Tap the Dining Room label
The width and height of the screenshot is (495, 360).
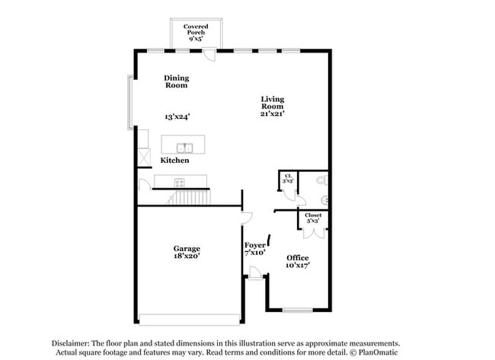point(177,81)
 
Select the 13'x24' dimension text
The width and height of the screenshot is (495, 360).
point(177,117)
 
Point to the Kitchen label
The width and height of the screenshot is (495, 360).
point(174,161)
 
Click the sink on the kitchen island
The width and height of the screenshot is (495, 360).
point(184,147)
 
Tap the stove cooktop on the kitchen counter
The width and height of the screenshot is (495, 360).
point(180,182)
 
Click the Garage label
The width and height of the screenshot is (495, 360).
point(187,249)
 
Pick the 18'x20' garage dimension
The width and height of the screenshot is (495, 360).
point(187,257)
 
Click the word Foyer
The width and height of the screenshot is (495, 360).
point(254,245)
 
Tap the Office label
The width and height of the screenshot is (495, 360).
point(298,258)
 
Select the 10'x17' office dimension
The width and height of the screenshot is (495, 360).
point(298,266)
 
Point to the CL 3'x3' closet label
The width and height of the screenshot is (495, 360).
point(287,180)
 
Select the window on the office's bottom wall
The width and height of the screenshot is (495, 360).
point(297,310)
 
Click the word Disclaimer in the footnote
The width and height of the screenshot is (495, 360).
point(74,343)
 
